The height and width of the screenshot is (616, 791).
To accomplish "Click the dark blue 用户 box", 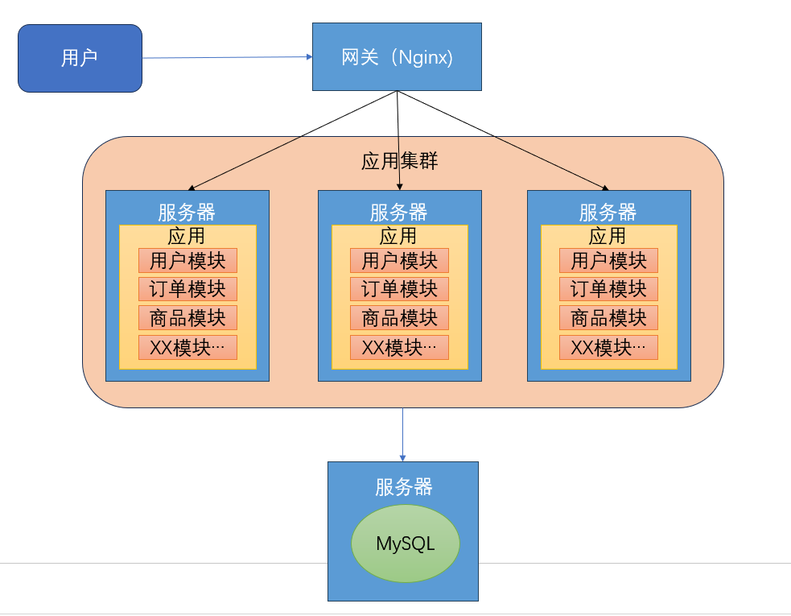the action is point(80,58).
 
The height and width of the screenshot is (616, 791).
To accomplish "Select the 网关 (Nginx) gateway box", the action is point(397,56).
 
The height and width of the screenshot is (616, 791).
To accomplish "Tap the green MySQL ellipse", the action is point(405,544).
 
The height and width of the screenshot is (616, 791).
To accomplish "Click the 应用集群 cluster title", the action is point(400,161).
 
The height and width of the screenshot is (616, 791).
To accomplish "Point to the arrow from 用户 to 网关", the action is point(228,57).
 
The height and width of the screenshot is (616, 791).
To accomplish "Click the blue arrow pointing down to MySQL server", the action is point(402,435).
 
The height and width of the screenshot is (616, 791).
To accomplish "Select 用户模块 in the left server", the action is point(187,261).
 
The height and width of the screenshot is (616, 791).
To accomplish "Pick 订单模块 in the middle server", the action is point(400,289).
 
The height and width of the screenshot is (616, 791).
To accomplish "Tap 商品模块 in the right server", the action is point(608,318).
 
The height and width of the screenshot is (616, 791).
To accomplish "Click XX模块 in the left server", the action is point(187,347).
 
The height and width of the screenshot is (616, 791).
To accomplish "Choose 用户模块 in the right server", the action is point(608,261).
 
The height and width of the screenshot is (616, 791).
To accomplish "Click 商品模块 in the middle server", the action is point(400,318).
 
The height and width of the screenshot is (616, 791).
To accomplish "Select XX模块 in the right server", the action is point(608,347).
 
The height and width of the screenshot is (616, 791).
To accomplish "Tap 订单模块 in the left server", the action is point(187,289).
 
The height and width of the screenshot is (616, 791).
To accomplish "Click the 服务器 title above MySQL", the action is point(404,487).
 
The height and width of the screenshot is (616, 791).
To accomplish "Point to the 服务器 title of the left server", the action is point(187,212).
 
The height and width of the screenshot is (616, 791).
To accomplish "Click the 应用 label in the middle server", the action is point(398,236).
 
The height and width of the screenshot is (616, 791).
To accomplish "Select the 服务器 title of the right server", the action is point(608,212).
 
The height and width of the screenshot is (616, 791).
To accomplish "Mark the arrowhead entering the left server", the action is point(191,188).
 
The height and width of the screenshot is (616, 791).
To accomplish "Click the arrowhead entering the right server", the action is point(606,188).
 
